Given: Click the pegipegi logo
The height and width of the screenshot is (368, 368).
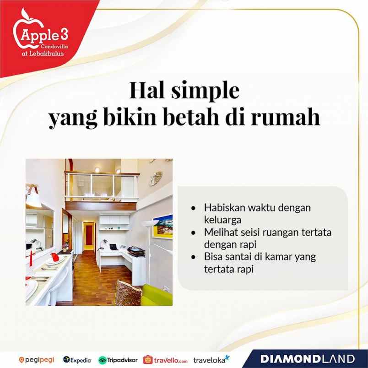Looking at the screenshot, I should (x=37, y=360).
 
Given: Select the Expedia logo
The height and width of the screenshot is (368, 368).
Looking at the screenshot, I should (x=77, y=360).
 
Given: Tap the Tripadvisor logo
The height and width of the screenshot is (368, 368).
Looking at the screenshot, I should (x=118, y=360).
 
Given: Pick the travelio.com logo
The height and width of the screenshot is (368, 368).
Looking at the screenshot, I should (x=165, y=360).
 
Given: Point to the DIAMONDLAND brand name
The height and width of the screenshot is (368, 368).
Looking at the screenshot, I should (x=308, y=359).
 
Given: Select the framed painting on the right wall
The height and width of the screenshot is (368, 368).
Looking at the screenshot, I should (x=162, y=226).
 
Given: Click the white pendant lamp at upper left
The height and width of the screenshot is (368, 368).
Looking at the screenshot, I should (x=33, y=198).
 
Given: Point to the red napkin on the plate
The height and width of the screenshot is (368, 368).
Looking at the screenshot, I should (x=55, y=256).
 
